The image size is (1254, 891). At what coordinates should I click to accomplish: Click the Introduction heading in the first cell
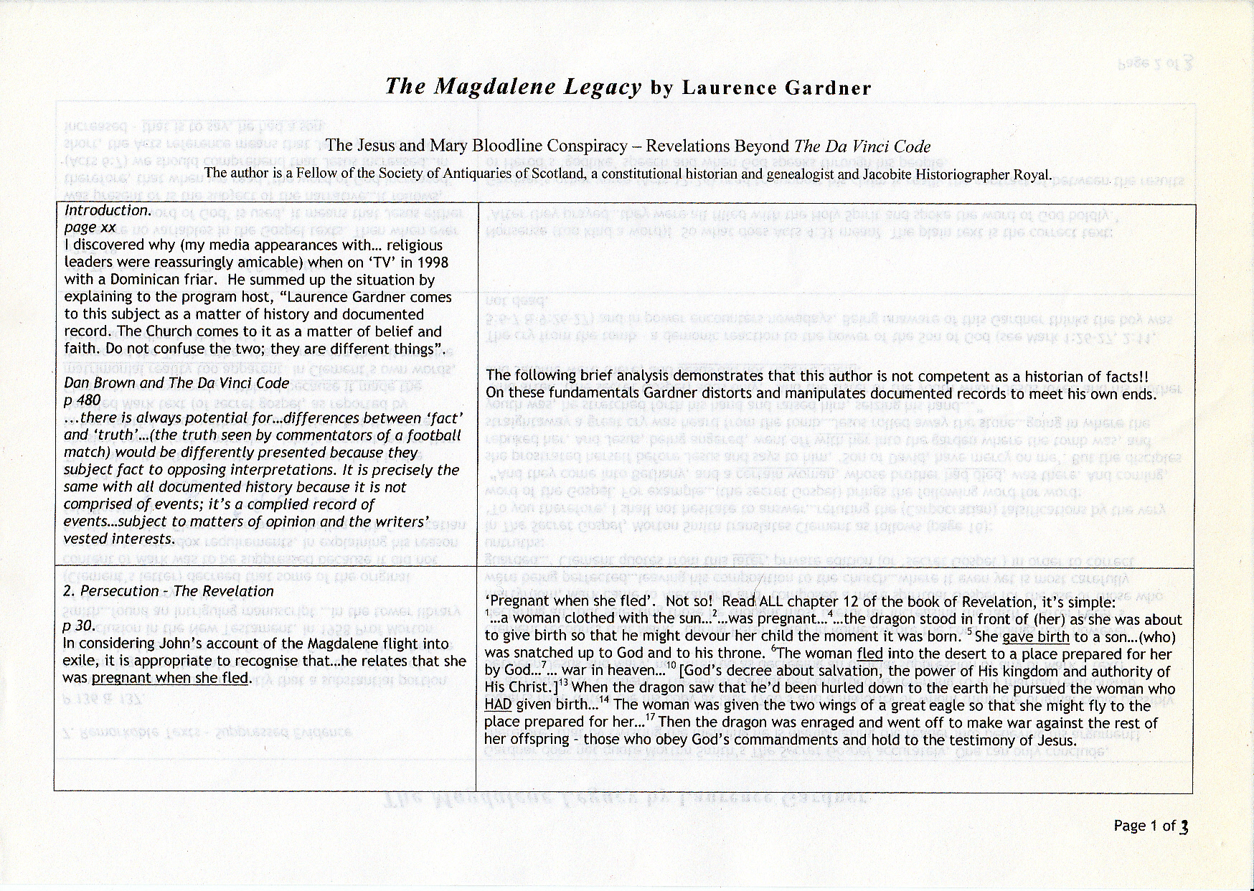(108, 210)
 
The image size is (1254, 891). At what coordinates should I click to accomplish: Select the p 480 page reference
(82, 400)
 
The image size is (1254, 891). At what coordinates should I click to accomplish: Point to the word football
(435, 435)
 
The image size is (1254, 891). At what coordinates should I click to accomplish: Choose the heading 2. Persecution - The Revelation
(168, 591)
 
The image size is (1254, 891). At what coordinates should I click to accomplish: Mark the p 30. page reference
(79, 626)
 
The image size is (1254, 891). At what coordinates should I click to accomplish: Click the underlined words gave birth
(1035, 636)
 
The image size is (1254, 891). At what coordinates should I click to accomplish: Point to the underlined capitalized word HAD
(498, 705)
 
